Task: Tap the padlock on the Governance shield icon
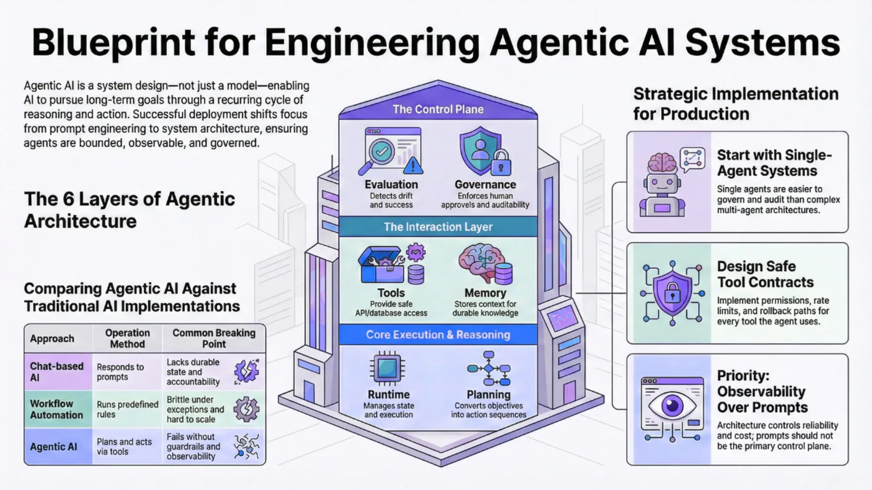click(501, 164)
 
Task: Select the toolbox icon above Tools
click(381, 266)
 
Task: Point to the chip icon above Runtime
click(387, 368)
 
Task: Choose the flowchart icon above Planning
click(488, 369)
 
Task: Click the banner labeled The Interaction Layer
click(438, 227)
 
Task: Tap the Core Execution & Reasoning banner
click(438, 335)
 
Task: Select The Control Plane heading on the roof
click(438, 109)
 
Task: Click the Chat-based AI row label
click(57, 372)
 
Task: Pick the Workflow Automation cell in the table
click(57, 409)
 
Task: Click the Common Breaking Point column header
click(214, 338)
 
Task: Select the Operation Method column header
click(127, 338)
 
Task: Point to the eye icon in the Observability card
click(672, 404)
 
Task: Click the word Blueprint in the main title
click(114, 43)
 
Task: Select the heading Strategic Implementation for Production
click(736, 104)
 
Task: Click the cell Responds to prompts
click(120, 372)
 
